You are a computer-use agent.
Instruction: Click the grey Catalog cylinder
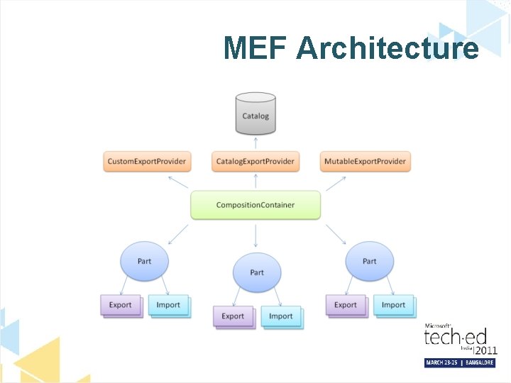point(255,115)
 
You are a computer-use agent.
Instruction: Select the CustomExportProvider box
point(147,162)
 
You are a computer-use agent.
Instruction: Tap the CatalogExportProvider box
point(255,162)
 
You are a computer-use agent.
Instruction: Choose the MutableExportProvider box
point(365,162)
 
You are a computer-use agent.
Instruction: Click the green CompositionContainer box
point(255,205)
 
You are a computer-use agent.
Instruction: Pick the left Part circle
point(144,261)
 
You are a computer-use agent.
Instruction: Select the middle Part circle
point(257,272)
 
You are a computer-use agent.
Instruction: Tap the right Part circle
point(369,261)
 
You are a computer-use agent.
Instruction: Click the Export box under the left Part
point(121,305)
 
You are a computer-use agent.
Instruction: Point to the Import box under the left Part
point(168,305)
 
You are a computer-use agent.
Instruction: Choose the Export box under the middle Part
point(233,316)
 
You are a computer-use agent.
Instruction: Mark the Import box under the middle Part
point(281,316)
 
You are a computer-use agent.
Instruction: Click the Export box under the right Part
point(346,305)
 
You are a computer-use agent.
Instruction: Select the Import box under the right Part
point(393,305)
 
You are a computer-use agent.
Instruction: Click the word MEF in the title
point(255,48)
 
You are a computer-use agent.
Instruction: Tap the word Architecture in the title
point(388,48)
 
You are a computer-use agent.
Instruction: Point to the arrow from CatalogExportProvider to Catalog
point(255,143)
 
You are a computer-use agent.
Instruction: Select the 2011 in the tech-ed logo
point(485,350)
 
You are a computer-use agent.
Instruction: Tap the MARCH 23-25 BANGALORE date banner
point(459,362)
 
